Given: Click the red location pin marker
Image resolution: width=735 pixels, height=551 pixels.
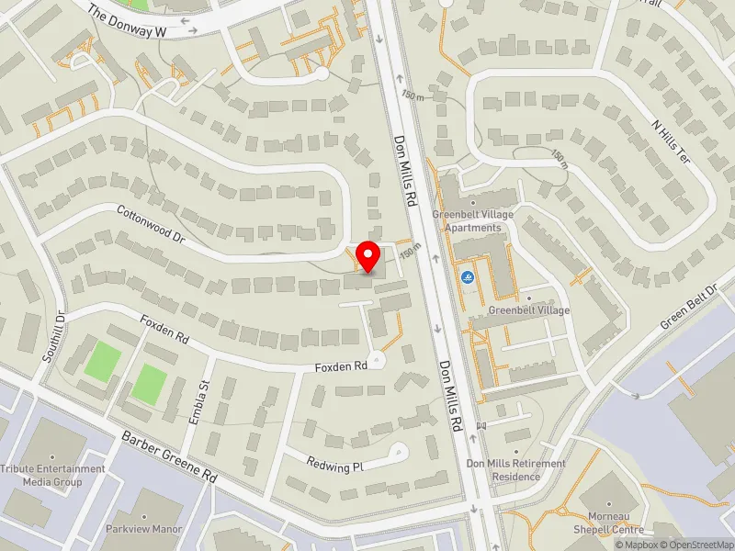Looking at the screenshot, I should tap(368, 256).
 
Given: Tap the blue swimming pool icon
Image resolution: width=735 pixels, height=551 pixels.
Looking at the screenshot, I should tap(468, 278).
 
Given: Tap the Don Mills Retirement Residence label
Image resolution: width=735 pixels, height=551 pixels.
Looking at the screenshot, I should tap(515, 470).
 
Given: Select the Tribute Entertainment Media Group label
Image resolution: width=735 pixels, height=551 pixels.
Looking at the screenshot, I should tap(53, 475).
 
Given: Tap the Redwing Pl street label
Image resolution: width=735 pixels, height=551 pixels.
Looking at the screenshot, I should tap(335, 466).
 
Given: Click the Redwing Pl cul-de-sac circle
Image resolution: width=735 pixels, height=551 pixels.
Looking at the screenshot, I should tap(399, 450).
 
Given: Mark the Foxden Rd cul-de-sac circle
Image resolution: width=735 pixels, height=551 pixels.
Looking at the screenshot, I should tap(376, 362).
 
